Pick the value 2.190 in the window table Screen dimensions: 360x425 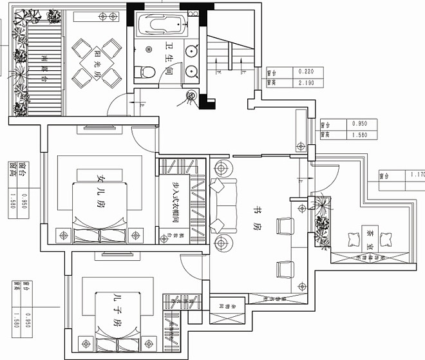point(304,82)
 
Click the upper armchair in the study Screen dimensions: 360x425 point(284,227)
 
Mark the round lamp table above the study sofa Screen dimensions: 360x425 point(222,168)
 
